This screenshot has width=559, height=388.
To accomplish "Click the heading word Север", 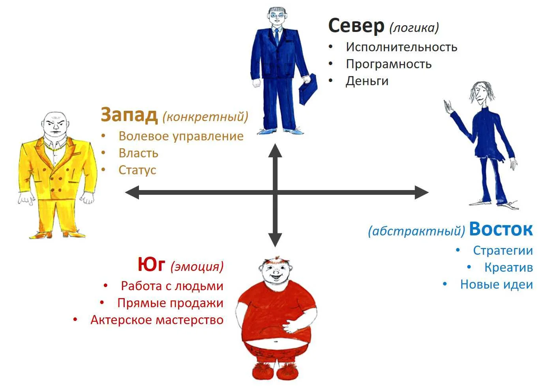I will (x=356, y=26).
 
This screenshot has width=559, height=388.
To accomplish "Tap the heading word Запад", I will (x=129, y=115).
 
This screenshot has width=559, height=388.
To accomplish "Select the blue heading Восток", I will (x=501, y=229).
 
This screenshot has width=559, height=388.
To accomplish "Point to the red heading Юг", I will (x=151, y=265).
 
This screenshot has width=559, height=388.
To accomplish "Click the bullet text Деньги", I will (x=367, y=81).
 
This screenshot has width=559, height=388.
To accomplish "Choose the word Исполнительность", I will (x=401, y=47).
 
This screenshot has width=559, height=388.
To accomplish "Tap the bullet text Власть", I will (x=138, y=153).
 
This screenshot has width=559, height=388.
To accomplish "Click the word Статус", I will (x=137, y=170).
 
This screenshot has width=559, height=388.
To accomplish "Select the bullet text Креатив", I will (x=508, y=268).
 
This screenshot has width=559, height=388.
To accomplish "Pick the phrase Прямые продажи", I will (x=170, y=303).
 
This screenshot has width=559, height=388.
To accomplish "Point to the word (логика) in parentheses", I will (x=414, y=28).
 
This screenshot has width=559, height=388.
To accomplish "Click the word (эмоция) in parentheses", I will (x=197, y=267).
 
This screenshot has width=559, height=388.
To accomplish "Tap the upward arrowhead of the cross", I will (x=275, y=150).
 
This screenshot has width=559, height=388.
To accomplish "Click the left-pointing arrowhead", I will (x=132, y=193).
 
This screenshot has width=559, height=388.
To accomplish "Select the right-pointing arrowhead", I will (x=421, y=193).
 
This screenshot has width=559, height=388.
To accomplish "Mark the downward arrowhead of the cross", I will (x=275, y=239).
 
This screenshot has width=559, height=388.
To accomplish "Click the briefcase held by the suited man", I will (x=308, y=90).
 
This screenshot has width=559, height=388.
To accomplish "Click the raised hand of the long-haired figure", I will (x=448, y=107).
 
